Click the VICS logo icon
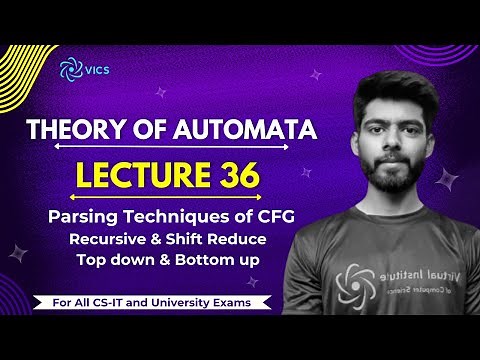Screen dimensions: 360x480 pos(69,68)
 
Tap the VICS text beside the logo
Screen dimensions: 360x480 pos(97,69)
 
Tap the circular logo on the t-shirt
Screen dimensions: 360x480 pos(357,282)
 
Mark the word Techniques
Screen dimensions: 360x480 pos(188,215)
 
